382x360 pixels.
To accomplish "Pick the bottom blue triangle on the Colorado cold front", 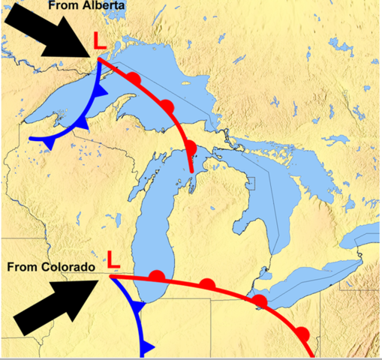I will click(x=146, y=346).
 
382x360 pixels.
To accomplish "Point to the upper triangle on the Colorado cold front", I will click(x=137, y=306).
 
